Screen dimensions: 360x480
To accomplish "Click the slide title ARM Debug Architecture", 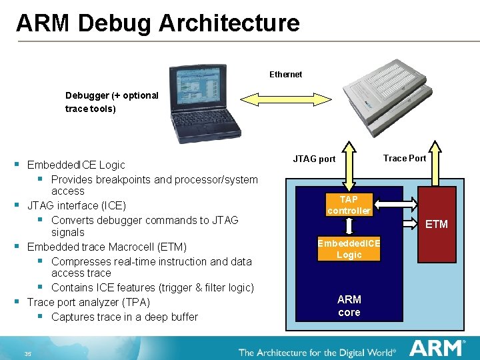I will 158,23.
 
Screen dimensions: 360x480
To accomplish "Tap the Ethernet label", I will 285,74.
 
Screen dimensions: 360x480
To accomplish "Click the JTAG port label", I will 314,159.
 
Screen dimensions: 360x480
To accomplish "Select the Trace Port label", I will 405,158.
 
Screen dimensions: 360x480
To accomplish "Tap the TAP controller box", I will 349,205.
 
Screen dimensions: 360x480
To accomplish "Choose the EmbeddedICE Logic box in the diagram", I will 349,249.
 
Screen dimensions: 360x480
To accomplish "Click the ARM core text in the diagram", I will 349,305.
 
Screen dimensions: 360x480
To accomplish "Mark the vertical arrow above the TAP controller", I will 349,167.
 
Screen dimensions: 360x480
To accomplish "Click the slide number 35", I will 27,353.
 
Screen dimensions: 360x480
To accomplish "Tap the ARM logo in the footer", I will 437,349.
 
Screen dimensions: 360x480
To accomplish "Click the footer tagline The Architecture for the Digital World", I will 317,352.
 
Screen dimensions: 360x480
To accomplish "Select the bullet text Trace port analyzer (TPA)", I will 88,302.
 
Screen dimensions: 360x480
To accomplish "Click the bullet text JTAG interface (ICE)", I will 76,205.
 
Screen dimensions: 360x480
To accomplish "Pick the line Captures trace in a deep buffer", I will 124,317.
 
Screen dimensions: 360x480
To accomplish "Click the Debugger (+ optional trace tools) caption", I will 111,101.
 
